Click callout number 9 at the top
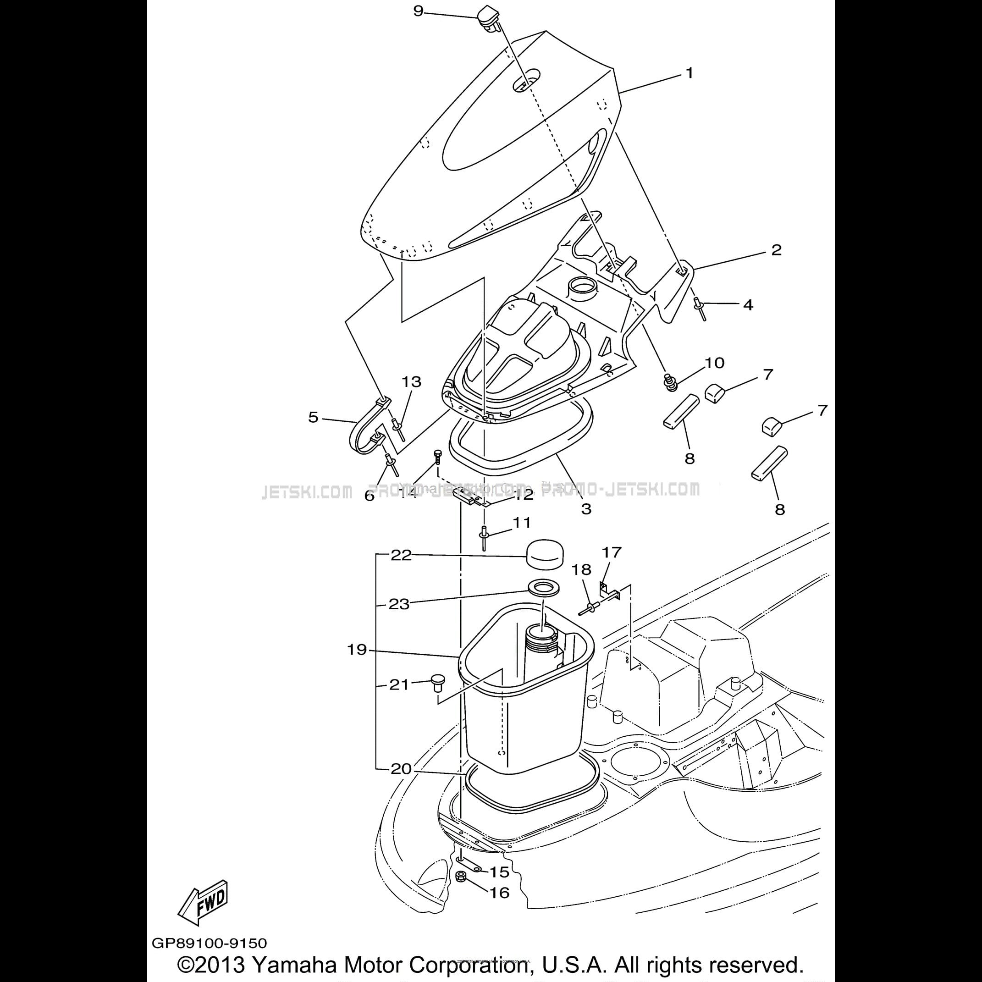(418, 11)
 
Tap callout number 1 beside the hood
(689, 74)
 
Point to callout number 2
(776, 250)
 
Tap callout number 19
(357, 650)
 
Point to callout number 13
(412, 382)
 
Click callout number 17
(612, 552)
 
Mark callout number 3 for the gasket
(586, 509)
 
